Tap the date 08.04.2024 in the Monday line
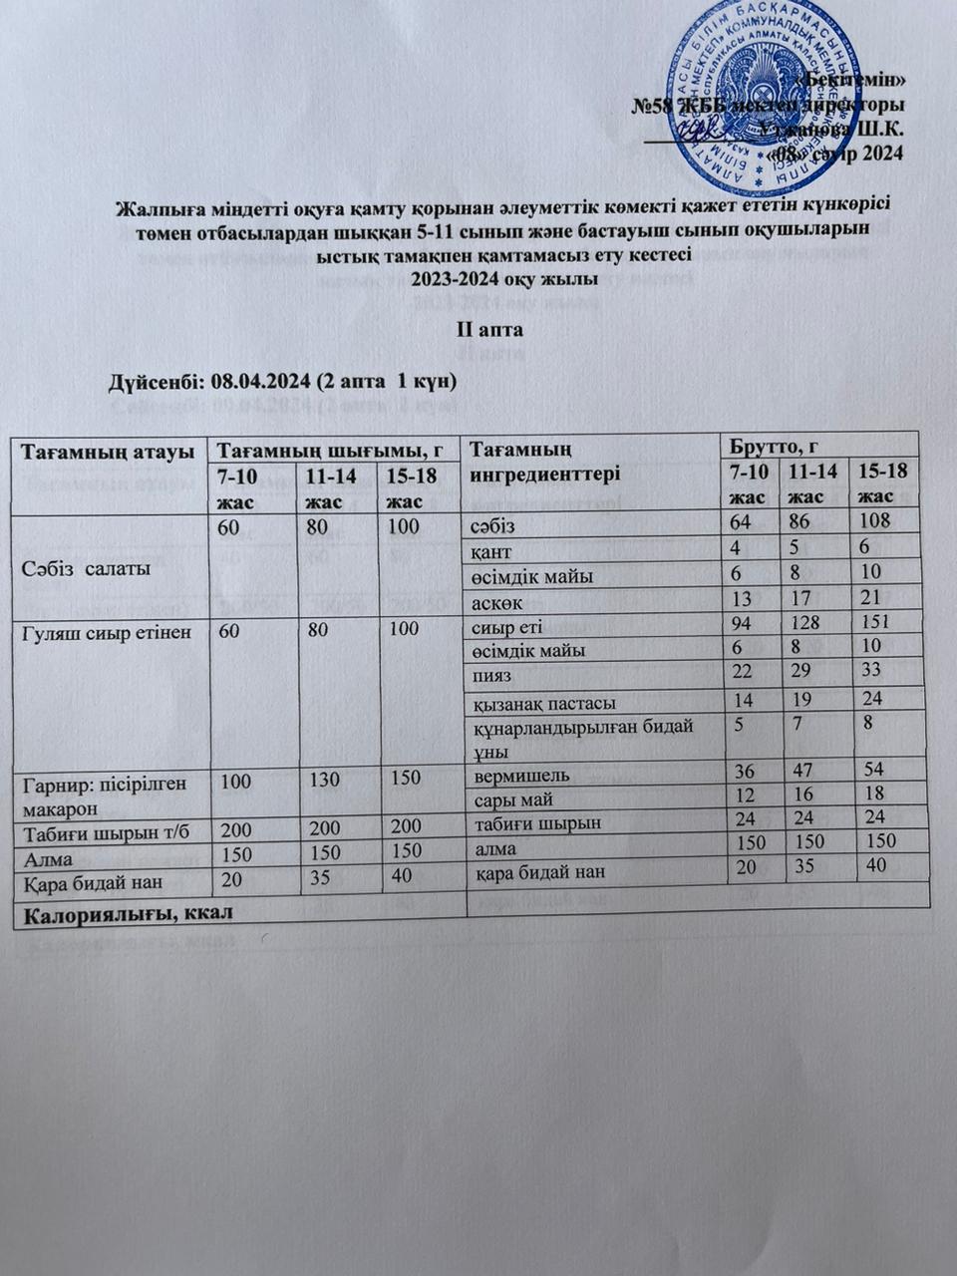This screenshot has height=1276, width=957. [260, 382]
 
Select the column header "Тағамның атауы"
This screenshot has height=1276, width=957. [108, 451]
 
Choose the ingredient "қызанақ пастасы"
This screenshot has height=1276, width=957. [544, 702]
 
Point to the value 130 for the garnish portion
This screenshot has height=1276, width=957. [324, 778]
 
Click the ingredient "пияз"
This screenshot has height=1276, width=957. [492, 676]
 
